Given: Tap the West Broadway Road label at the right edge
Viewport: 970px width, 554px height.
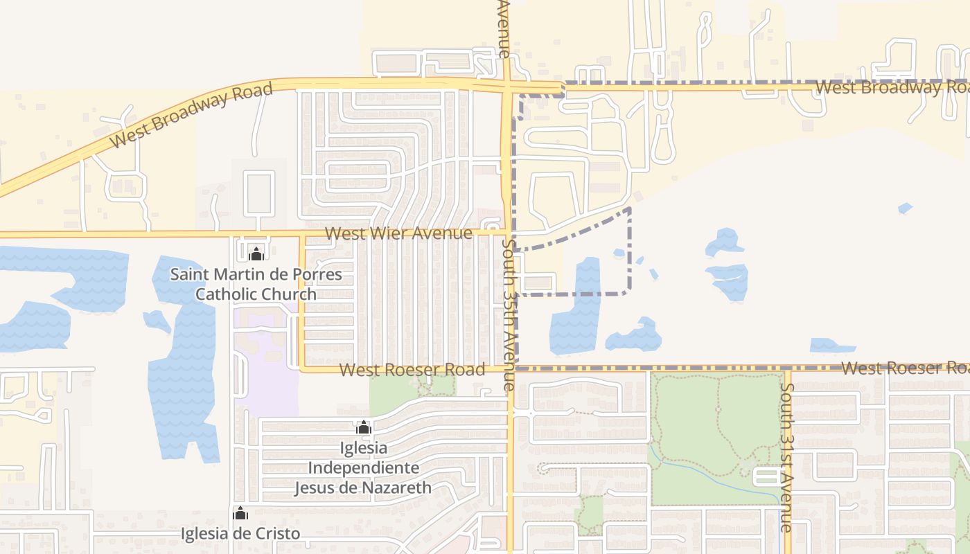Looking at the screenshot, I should (x=892, y=87).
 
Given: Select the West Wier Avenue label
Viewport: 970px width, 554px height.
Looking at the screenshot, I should (x=398, y=233).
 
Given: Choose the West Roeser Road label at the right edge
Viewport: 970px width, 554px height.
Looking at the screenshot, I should (x=905, y=368).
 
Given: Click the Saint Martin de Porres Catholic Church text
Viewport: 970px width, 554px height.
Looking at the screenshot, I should (x=256, y=284).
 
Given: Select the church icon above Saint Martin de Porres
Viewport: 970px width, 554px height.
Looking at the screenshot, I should (x=256, y=254).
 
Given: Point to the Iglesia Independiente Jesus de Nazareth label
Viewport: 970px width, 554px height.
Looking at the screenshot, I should (x=363, y=467).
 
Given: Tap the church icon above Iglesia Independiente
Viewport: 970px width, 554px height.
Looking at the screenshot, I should (x=363, y=428).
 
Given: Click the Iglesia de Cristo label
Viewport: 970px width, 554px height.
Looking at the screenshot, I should (x=240, y=533).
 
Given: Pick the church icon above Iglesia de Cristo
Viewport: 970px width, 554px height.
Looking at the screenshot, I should (x=240, y=514).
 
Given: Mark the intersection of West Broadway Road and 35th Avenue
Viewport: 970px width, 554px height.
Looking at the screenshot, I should (x=507, y=86).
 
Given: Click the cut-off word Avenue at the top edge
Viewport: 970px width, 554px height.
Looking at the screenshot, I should (x=504, y=28).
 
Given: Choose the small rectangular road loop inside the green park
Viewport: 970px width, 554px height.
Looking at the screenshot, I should (x=766, y=476).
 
